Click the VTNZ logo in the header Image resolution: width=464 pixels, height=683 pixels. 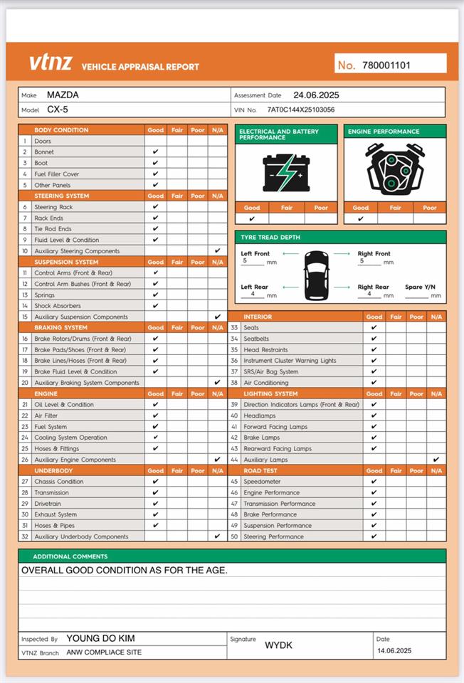51,63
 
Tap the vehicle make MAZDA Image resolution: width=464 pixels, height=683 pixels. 63,95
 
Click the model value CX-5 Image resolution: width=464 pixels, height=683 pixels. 58,110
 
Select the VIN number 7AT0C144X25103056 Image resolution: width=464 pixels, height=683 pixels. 300,110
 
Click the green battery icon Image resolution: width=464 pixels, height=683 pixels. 286,172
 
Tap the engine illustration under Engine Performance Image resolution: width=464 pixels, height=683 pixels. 395,171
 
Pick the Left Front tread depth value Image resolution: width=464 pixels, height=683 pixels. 244,261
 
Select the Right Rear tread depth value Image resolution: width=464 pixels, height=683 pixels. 369,294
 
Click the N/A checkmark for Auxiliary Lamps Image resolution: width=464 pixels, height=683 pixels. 436,460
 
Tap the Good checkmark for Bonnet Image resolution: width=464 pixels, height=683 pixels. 155,152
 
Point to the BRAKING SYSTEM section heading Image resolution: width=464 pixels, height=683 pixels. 61,327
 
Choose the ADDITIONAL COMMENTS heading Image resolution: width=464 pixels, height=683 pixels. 70,556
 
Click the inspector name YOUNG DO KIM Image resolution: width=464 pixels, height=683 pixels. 100,639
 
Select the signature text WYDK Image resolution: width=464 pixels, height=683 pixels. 278,645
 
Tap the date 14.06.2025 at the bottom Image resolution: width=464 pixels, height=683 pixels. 394,651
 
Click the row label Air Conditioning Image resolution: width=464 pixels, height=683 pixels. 266,383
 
